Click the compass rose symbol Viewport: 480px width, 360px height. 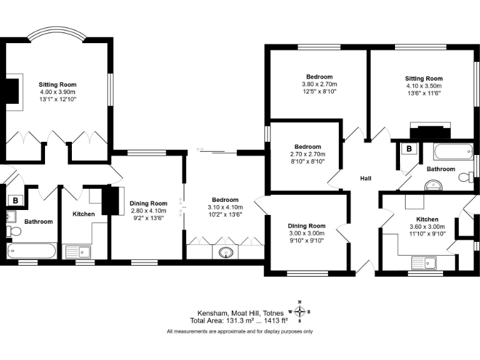[301, 311]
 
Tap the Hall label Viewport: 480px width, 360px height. [366, 179]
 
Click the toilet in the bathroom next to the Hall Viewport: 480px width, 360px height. [466, 177]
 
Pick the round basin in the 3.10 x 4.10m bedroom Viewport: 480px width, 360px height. [225, 252]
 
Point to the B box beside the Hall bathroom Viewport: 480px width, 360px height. [409, 149]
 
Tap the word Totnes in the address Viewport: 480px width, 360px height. [272, 312]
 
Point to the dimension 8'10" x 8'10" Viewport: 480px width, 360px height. [307, 162]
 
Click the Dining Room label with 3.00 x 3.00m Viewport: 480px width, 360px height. [306, 226]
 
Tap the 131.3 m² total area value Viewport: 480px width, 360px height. [229, 320]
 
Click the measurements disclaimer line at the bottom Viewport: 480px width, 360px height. [240, 332]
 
